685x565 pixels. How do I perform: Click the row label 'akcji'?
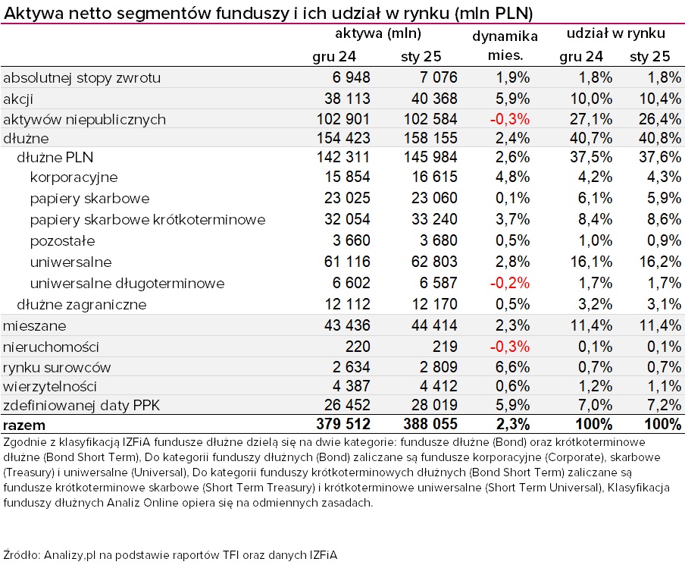tap(18, 99)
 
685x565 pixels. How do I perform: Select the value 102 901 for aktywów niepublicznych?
tap(343, 119)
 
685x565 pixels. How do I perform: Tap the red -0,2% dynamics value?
tap(510, 283)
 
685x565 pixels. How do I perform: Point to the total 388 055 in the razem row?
tap(430, 424)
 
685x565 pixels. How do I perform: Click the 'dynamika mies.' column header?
tap(505, 46)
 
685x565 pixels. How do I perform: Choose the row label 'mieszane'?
tap(35, 326)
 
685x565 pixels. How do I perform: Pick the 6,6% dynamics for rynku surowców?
tap(512, 367)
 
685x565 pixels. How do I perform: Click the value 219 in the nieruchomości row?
tap(445, 347)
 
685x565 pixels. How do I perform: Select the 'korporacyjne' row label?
tap(74, 177)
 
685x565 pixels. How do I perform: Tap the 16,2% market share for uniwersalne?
tap(660, 262)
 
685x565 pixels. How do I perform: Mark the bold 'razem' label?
tap(24, 425)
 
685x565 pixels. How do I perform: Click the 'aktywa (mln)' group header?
tap(378, 33)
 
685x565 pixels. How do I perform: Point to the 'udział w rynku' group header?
tap(616, 33)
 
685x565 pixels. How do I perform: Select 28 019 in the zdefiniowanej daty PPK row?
tap(434, 405)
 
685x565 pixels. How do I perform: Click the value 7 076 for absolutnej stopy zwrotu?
tap(438, 77)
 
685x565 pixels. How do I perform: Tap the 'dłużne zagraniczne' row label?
tap(82, 304)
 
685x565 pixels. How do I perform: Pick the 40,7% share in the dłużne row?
tap(590, 138)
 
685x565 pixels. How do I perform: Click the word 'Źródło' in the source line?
tap(21, 554)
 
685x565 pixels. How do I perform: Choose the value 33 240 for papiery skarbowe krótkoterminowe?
tap(434, 219)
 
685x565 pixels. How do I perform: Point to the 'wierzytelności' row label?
tap(50, 386)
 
